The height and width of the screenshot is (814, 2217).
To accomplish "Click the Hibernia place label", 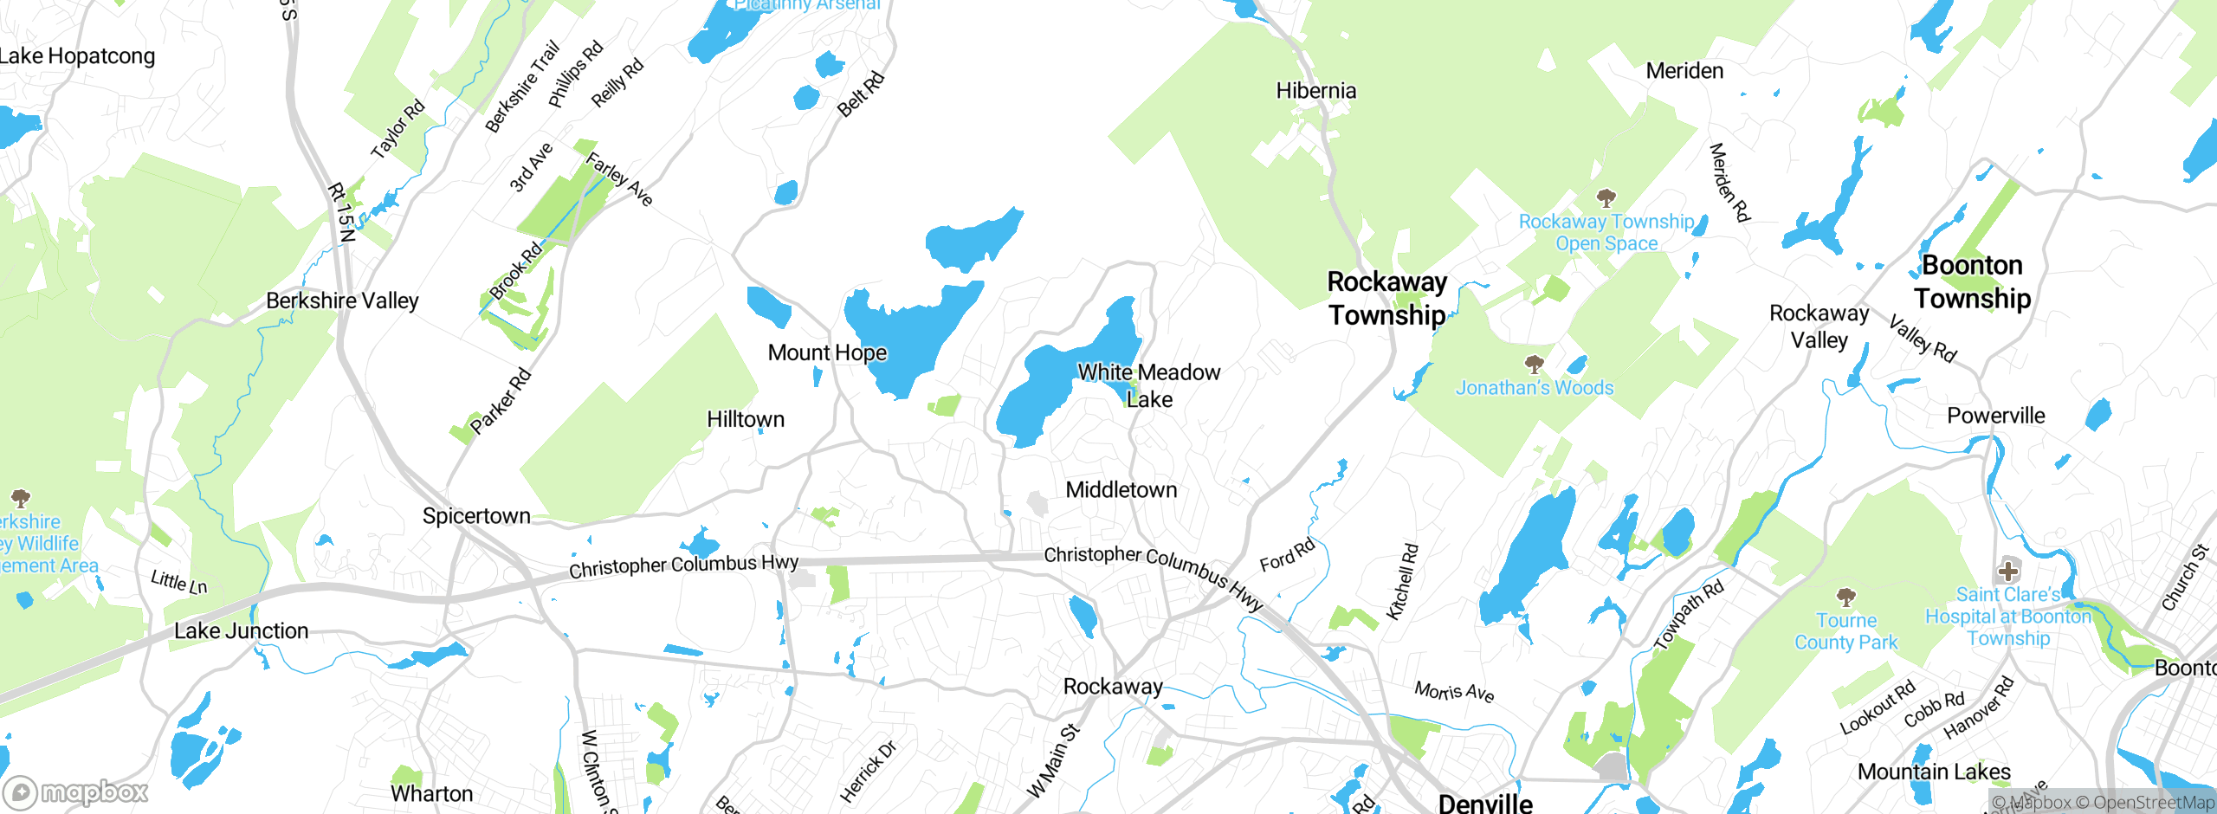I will click(1315, 91).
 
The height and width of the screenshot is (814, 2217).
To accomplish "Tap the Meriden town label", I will click(1684, 71).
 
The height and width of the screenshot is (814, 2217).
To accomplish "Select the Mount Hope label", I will click(827, 352).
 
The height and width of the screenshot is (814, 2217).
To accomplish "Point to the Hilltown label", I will click(745, 419).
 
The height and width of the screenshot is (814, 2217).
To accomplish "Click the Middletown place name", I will click(1121, 490).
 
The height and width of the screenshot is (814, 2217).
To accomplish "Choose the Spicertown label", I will click(476, 516).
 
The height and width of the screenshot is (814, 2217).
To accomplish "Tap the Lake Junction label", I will click(241, 630).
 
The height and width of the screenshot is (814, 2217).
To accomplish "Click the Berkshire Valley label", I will click(342, 300).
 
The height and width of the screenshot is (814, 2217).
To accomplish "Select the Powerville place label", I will click(1995, 416).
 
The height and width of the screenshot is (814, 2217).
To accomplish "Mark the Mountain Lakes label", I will click(1934, 772).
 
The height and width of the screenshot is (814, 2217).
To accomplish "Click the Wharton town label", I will click(431, 794).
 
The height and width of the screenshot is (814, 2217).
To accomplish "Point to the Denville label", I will click(1484, 803).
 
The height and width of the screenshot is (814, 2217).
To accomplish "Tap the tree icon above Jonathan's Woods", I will click(1534, 363).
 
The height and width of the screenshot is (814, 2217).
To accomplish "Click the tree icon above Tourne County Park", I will click(1845, 597).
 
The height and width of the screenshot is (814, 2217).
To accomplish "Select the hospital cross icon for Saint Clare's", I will click(2007, 571).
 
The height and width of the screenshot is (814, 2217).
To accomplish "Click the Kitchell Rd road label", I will click(1402, 581).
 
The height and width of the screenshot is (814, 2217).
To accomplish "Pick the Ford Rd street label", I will click(1287, 555).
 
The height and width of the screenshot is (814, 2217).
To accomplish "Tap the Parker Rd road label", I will click(500, 401).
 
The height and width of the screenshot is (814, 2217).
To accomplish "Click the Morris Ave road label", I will click(1454, 691).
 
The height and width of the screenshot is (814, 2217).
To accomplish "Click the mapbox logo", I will click(76, 791).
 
